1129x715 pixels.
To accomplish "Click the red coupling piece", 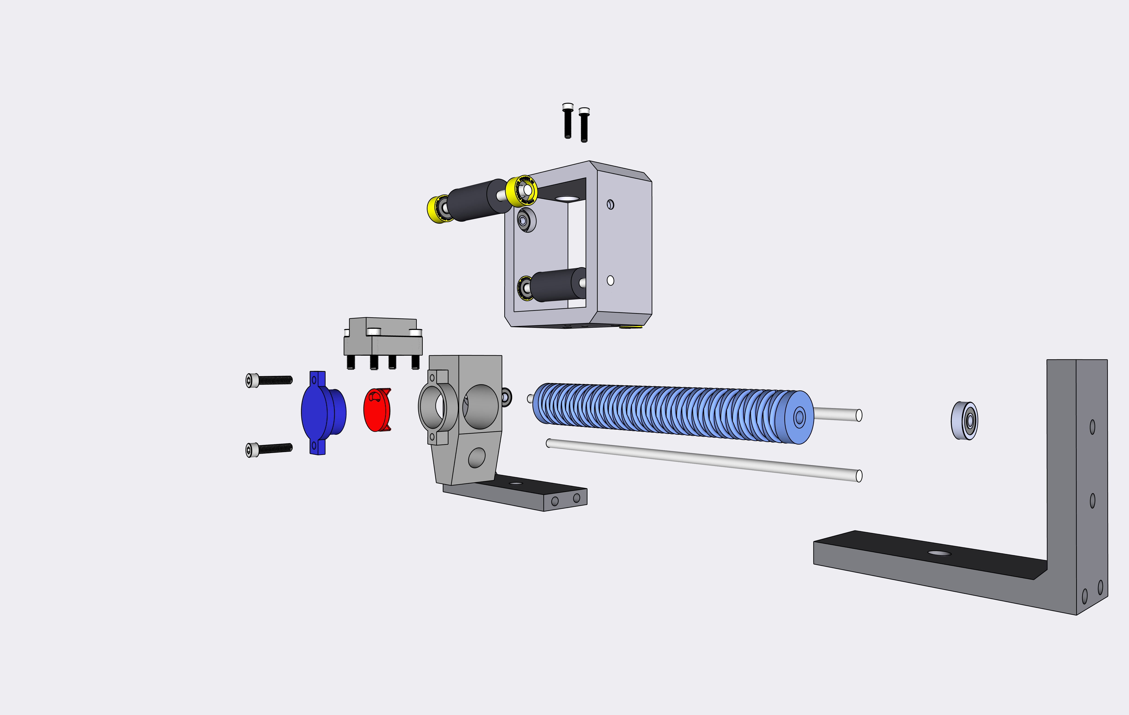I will (377, 410).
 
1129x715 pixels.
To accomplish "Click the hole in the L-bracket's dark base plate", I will (940, 553).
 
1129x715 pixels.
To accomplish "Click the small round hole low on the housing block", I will (477, 458).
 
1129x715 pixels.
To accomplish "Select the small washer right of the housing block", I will (506, 397).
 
